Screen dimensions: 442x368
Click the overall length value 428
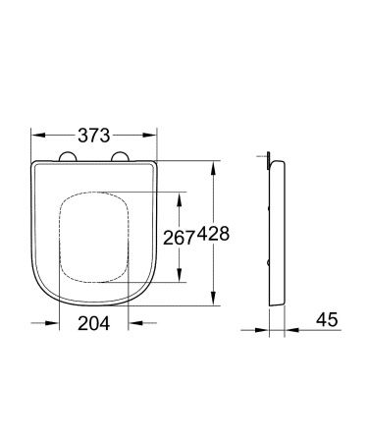click(x=215, y=235)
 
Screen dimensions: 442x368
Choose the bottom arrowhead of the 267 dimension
click(x=179, y=280)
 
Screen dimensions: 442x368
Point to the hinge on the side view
click(x=268, y=156)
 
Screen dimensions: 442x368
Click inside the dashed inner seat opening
click(x=95, y=236)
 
